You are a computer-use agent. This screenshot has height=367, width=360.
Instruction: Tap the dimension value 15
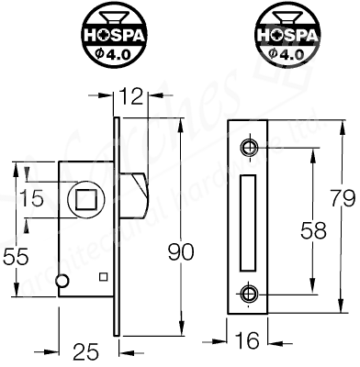point(32,198)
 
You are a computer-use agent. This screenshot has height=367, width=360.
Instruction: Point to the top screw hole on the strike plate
point(248,148)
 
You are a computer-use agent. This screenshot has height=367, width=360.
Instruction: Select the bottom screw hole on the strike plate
point(248,293)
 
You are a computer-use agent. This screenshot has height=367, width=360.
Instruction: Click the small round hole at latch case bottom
point(62,280)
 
